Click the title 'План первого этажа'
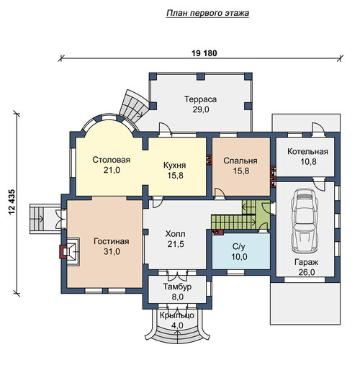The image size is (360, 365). (207, 13)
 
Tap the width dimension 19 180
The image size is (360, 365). (204, 53)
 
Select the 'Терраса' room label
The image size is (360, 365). (200, 99)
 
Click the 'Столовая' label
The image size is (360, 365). (112, 160)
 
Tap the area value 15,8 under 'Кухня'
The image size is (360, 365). (175, 176)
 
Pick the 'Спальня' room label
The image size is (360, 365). (240, 161)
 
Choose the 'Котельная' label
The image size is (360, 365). (307, 152)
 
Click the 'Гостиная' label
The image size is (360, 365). (112, 241)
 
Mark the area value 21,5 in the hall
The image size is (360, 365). (176, 244)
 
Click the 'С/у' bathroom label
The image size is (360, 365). (239, 247)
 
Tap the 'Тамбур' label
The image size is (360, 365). (177, 287)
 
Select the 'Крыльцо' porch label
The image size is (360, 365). (177, 315)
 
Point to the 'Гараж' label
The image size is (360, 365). (306, 262)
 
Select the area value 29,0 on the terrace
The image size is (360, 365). (201, 109)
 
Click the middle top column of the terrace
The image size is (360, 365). (200, 76)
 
